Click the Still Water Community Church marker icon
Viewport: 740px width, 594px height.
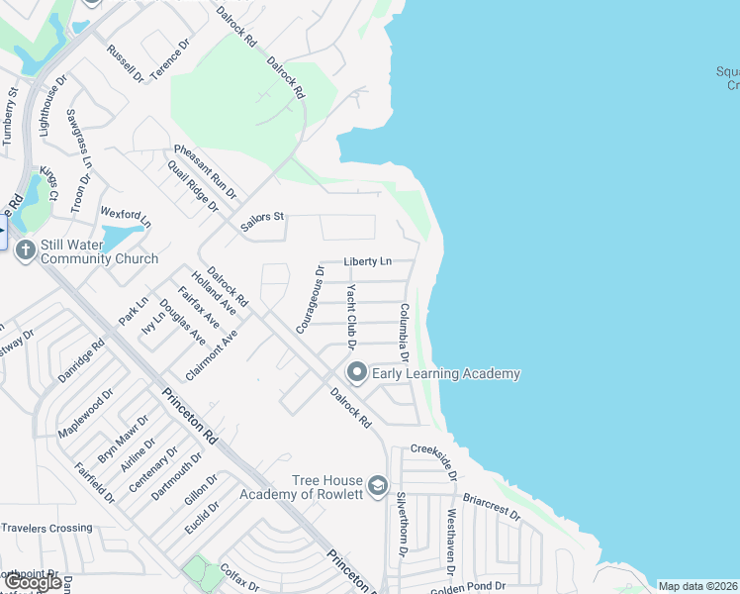pos(25,250)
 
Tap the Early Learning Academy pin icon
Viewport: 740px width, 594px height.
pos(356,373)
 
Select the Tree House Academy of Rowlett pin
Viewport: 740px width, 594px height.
pos(377,486)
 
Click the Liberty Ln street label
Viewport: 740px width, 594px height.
pos(368,262)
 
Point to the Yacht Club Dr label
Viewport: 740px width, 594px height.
pos(350,317)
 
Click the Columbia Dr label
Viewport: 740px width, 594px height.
pos(405,333)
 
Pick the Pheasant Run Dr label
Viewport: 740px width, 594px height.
pos(206,170)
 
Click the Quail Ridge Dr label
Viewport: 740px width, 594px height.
pos(193,187)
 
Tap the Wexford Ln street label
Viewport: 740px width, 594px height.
pos(126,215)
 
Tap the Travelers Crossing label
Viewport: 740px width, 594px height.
pos(46,528)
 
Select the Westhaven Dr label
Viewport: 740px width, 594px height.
pos(451,543)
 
